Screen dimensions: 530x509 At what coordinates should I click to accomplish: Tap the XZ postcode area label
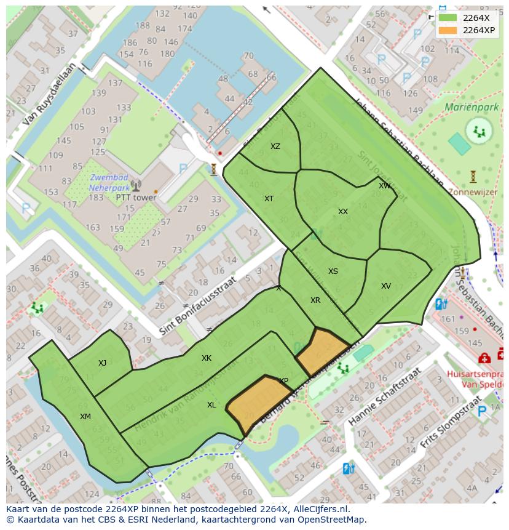click(x=275, y=147)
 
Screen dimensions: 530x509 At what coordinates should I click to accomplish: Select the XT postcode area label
click(x=269, y=199)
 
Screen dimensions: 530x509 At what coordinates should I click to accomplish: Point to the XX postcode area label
click(x=343, y=212)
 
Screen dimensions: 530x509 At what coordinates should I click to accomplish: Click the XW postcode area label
click(x=384, y=186)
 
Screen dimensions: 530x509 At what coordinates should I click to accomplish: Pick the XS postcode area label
click(x=333, y=271)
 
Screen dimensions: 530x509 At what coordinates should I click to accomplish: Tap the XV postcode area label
click(x=385, y=286)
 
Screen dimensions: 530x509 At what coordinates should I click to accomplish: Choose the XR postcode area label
click(x=315, y=300)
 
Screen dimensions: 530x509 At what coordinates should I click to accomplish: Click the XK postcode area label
click(x=207, y=358)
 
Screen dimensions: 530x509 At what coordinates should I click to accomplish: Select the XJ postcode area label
click(x=102, y=363)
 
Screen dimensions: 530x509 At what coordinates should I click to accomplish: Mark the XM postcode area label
click(x=85, y=417)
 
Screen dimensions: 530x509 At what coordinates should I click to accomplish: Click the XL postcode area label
click(x=211, y=405)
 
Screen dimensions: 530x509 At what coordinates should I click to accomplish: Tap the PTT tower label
click(x=136, y=198)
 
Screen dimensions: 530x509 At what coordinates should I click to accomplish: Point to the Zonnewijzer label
click(x=473, y=192)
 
